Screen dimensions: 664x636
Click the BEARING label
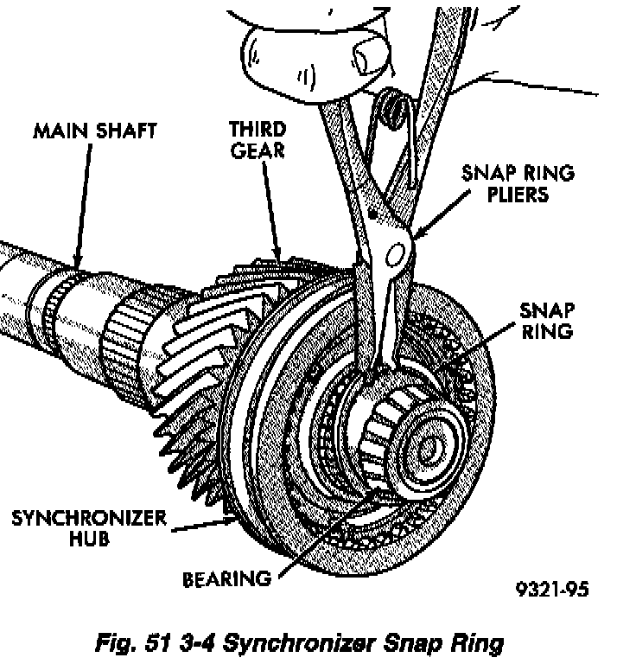point(226,578)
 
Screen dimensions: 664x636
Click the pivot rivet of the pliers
point(397,252)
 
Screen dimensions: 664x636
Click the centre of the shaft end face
point(428,448)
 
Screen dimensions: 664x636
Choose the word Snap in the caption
point(428,643)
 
